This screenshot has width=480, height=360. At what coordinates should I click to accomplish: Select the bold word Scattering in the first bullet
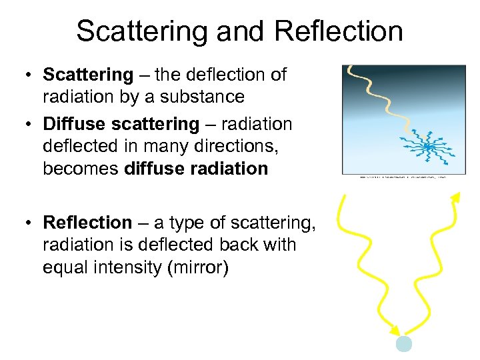click(88, 75)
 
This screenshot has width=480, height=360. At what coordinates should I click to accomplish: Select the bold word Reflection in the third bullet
click(87, 222)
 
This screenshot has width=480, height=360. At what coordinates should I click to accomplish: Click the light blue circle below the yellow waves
click(404, 343)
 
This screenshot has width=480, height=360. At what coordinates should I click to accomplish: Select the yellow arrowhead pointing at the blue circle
click(396, 330)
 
